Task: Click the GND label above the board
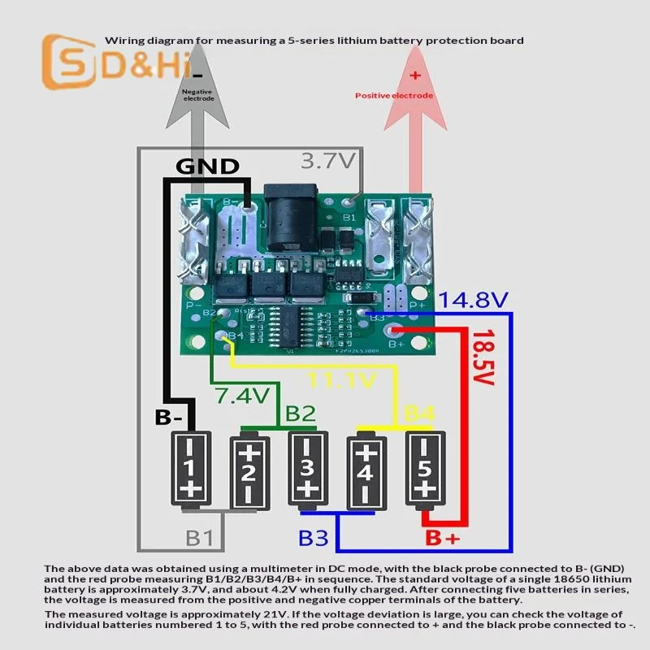[x=208, y=167]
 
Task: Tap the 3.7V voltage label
[x=328, y=160]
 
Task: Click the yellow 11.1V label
[x=342, y=380]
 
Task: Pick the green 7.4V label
[x=241, y=396]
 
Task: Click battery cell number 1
[x=190, y=468]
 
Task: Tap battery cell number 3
[x=307, y=468]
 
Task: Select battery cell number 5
[x=423, y=468]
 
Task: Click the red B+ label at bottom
[x=442, y=539]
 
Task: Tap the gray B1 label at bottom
[x=200, y=538]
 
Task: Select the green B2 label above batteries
[x=300, y=414]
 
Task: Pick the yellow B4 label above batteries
[x=419, y=414]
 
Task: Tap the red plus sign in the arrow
[x=414, y=76]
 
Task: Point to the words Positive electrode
[x=394, y=96]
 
